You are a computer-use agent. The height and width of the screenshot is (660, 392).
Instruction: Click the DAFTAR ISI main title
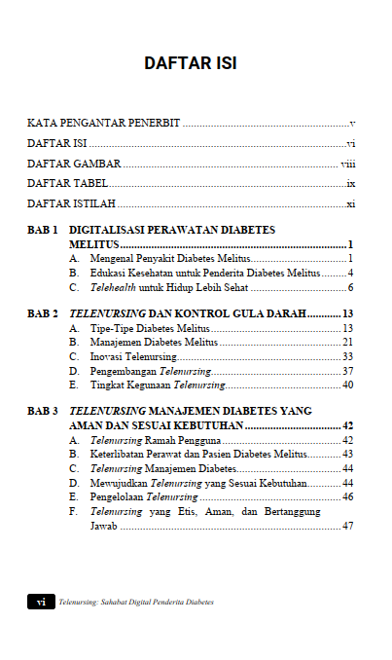tap(191, 63)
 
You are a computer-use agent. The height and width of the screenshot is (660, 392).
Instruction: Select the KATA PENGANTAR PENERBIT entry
tap(104, 125)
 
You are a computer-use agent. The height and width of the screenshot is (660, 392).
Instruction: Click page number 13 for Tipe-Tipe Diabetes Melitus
tap(347, 329)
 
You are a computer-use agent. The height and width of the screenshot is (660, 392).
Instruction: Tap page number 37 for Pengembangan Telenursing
tap(347, 372)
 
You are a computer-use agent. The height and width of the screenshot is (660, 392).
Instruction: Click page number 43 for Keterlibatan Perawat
tap(347, 455)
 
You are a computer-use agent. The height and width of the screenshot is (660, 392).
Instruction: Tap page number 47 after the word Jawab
tap(347, 526)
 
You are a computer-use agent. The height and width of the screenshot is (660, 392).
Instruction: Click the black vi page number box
tap(41, 603)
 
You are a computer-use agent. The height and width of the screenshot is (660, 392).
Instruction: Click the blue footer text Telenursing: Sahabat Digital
tap(135, 603)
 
